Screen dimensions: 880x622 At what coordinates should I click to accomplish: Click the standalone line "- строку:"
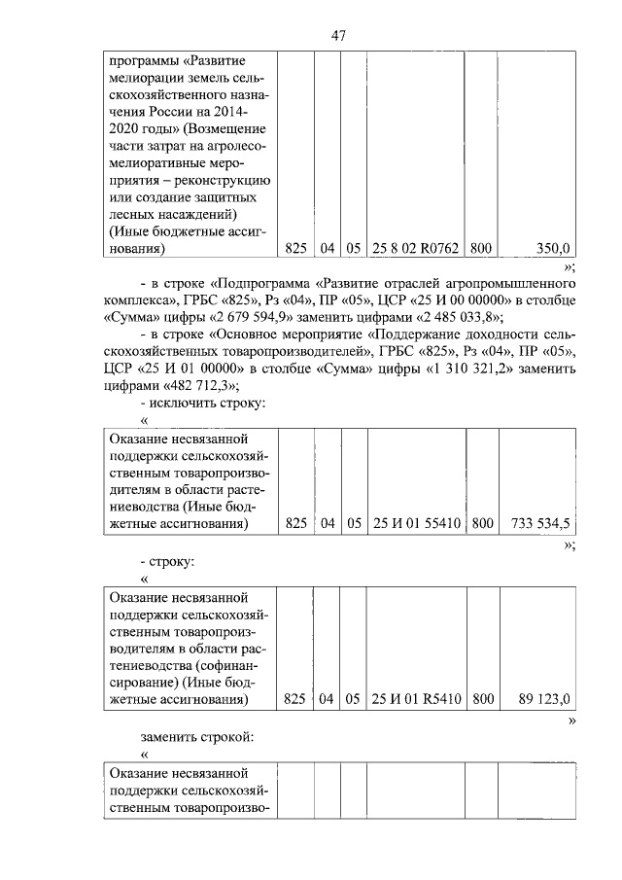pos(167,562)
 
